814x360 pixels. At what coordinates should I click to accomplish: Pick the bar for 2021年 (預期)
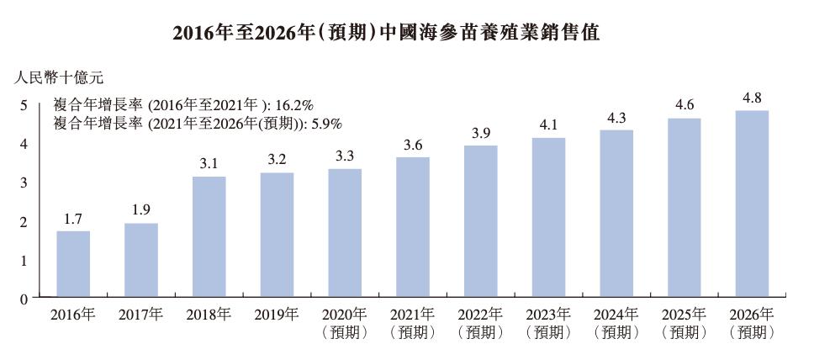click(412, 227)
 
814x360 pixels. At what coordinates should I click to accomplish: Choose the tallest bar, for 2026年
click(752, 204)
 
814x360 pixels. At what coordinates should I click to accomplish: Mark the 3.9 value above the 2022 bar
click(480, 133)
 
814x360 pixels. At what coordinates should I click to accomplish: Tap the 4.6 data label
click(684, 105)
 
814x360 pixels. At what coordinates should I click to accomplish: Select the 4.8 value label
click(752, 98)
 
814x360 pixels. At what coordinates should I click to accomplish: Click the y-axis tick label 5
click(24, 105)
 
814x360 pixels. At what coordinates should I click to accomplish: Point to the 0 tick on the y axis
click(24, 298)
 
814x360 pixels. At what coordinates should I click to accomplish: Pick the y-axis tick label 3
click(24, 183)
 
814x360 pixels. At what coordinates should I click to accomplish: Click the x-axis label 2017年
click(140, 315)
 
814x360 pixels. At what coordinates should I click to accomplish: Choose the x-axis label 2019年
click(277, 315)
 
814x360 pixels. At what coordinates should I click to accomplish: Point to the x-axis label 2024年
click(616, 315)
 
